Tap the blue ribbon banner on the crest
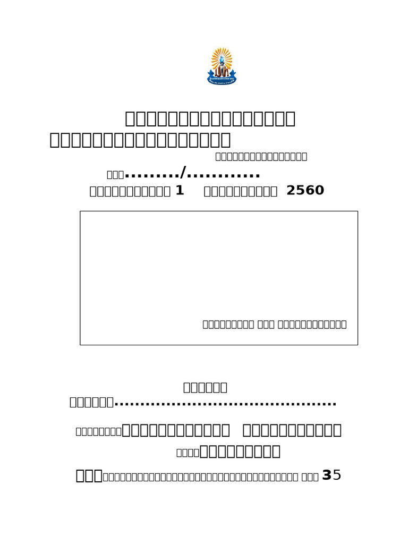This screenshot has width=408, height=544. click(222, 80)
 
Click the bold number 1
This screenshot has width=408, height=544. click(180, 191)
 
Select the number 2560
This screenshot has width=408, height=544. click(305, 191)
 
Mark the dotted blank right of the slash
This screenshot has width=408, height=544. click(223, 175)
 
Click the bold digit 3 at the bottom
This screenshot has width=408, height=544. click(327, 475)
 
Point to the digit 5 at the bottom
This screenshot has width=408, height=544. click(336, 475)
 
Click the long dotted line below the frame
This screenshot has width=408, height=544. click(226, 404)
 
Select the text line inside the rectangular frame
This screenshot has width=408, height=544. click(275, 324)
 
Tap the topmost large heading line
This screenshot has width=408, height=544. click(210, 118)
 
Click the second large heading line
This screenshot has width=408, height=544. click(140, 140)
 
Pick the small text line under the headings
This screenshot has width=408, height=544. click(261, 156)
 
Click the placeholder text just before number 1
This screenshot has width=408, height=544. click(130, 191)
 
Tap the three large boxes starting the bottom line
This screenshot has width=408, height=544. click(89, 475)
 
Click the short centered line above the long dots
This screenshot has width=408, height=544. click(205, 387)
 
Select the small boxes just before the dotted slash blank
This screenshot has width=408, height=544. click(115, 174)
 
